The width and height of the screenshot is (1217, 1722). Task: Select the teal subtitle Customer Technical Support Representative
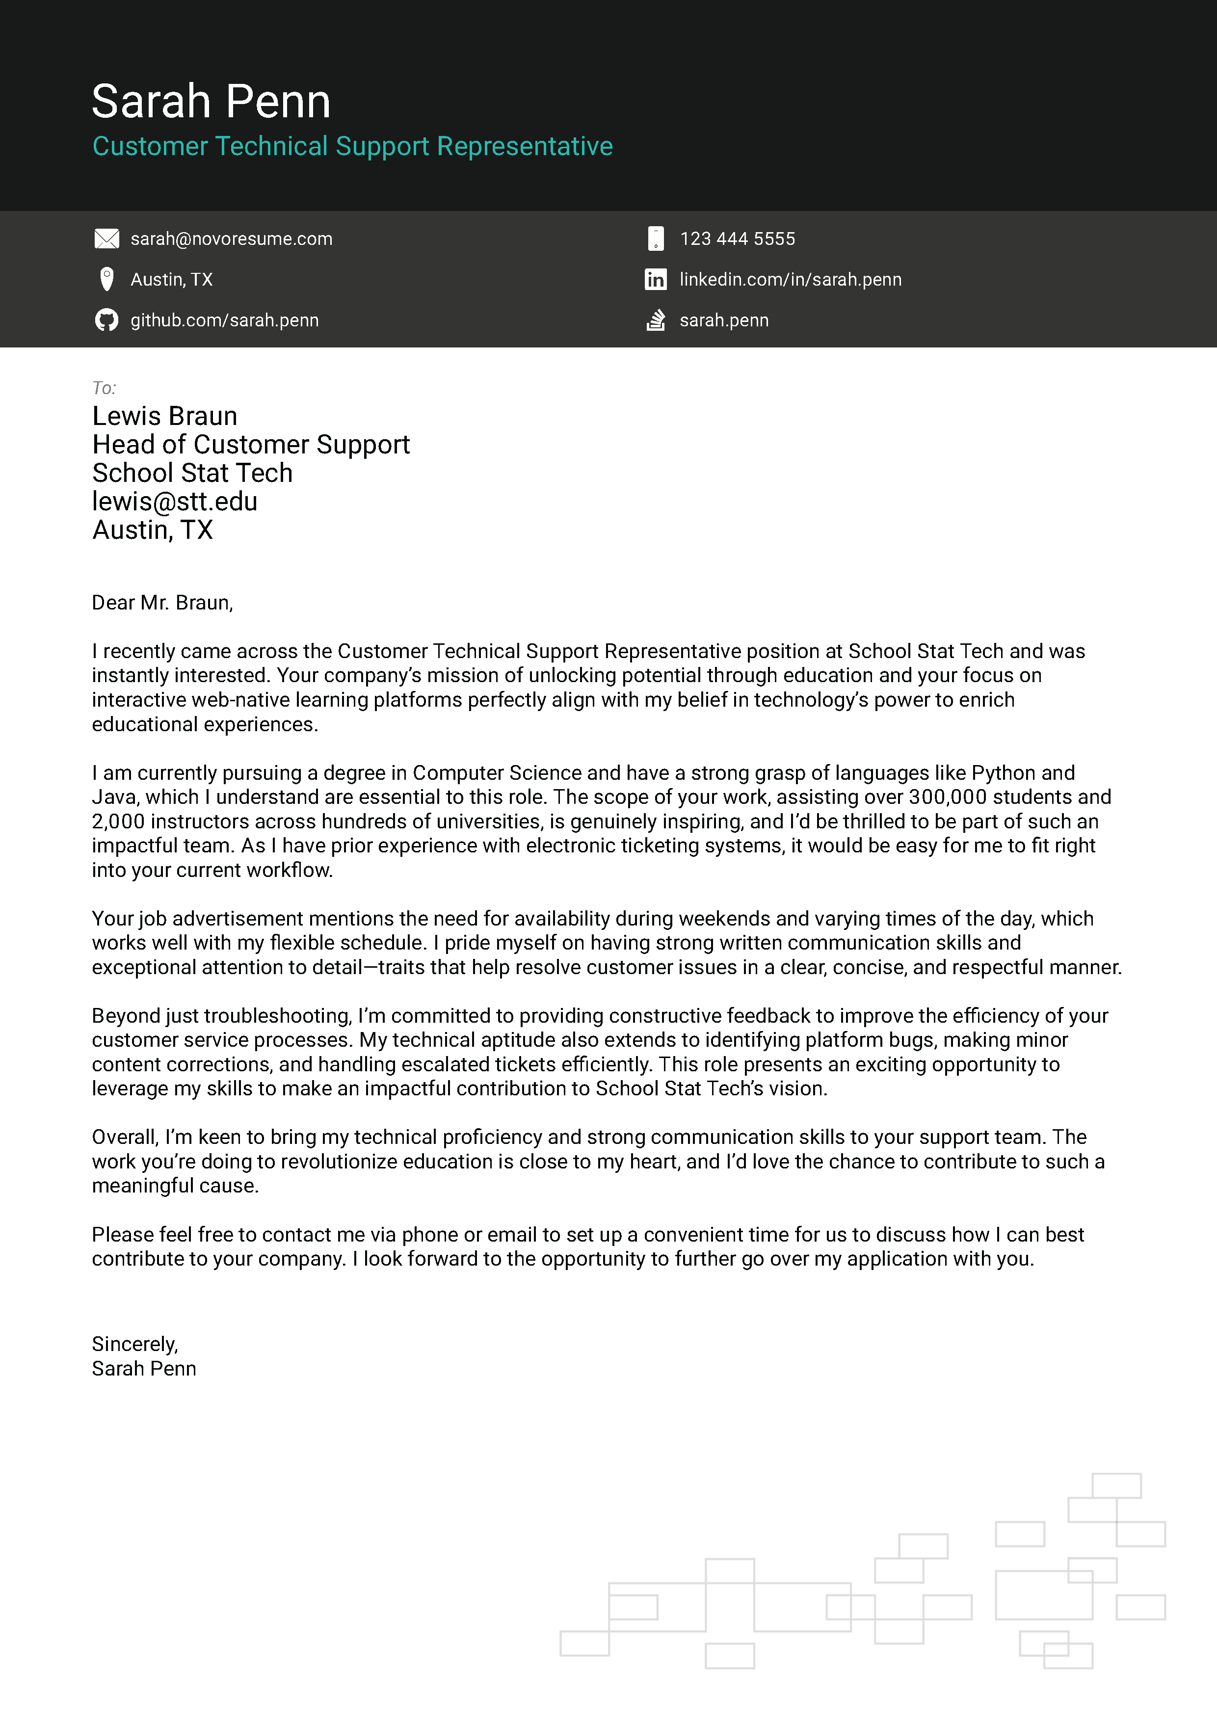(x=352, y=146)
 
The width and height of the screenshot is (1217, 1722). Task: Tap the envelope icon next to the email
(x=106, y=238)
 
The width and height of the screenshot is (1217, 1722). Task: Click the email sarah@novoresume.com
(x=231, y=238)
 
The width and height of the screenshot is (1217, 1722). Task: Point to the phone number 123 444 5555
(x=737, y=238)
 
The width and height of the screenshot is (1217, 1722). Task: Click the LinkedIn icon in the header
(x=656, y=280)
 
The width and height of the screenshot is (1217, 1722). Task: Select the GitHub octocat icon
(x=106, y=320)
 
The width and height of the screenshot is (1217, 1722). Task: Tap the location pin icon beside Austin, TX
(x=106, y=279)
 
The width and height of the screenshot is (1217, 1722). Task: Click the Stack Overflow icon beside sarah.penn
(x=656, y=320)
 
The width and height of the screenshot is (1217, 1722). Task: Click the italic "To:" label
(x=104, y=388)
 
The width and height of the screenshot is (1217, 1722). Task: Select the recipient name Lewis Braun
(x=164, y=416)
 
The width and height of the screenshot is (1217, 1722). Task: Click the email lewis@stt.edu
(x=174, y=502)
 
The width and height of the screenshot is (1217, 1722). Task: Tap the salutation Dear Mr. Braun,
(x=162, y=603)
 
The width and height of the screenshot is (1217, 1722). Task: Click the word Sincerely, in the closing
(x=135, y=1344)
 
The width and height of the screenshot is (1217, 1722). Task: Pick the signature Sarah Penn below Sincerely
(x=144, y=1369)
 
